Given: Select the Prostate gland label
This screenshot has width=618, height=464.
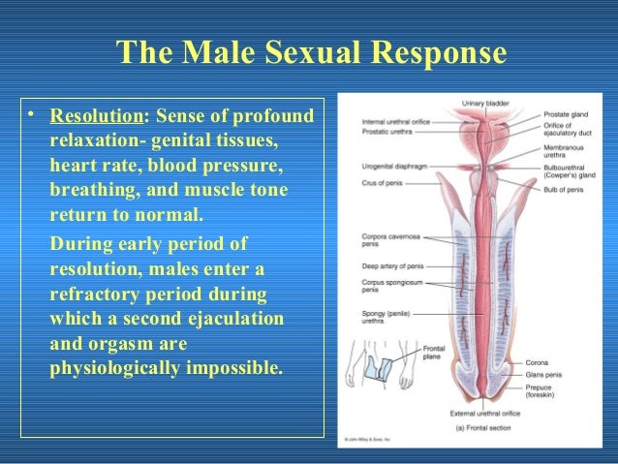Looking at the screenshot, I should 565,114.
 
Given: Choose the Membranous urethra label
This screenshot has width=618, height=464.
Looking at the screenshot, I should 564,152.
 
